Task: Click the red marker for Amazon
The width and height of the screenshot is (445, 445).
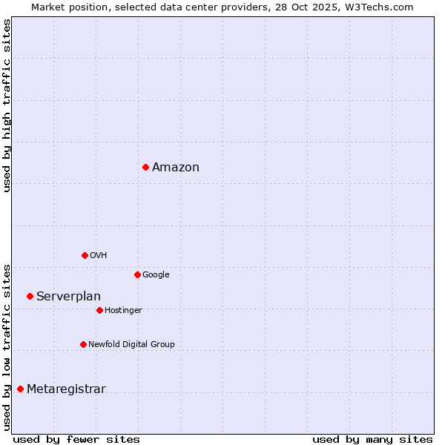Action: tap(145, 167)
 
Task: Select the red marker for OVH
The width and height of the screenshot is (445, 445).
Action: tap(85, 255)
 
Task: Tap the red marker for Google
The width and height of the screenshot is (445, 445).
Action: tap(137, 274)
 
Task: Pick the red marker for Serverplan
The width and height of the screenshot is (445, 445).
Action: tap(30, 296)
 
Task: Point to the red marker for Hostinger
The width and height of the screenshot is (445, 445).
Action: tap(99, 310)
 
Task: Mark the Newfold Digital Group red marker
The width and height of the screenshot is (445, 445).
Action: tap(83, 344)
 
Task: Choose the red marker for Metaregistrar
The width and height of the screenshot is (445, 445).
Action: tap(20, 389)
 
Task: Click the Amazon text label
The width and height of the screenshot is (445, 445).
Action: tap(176, 167)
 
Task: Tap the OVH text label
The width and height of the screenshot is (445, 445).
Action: tap(99, 255)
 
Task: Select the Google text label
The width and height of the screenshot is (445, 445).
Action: tap(156, 274)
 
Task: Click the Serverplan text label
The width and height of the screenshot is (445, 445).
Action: tap(68, 296)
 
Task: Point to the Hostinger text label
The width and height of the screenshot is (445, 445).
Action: tap(123, 310)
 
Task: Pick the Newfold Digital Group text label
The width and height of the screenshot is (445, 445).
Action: tap(131, 344)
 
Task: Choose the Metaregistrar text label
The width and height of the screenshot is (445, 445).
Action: tap(66, 389)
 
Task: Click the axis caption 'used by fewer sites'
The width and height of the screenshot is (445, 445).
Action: tap(76, 439)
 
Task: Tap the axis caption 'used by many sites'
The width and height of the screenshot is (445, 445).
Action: tap(372, 439)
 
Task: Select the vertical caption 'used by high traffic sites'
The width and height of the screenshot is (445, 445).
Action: tap(7, 105)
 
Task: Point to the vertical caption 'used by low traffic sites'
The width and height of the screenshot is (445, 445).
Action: tap(7, 346)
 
